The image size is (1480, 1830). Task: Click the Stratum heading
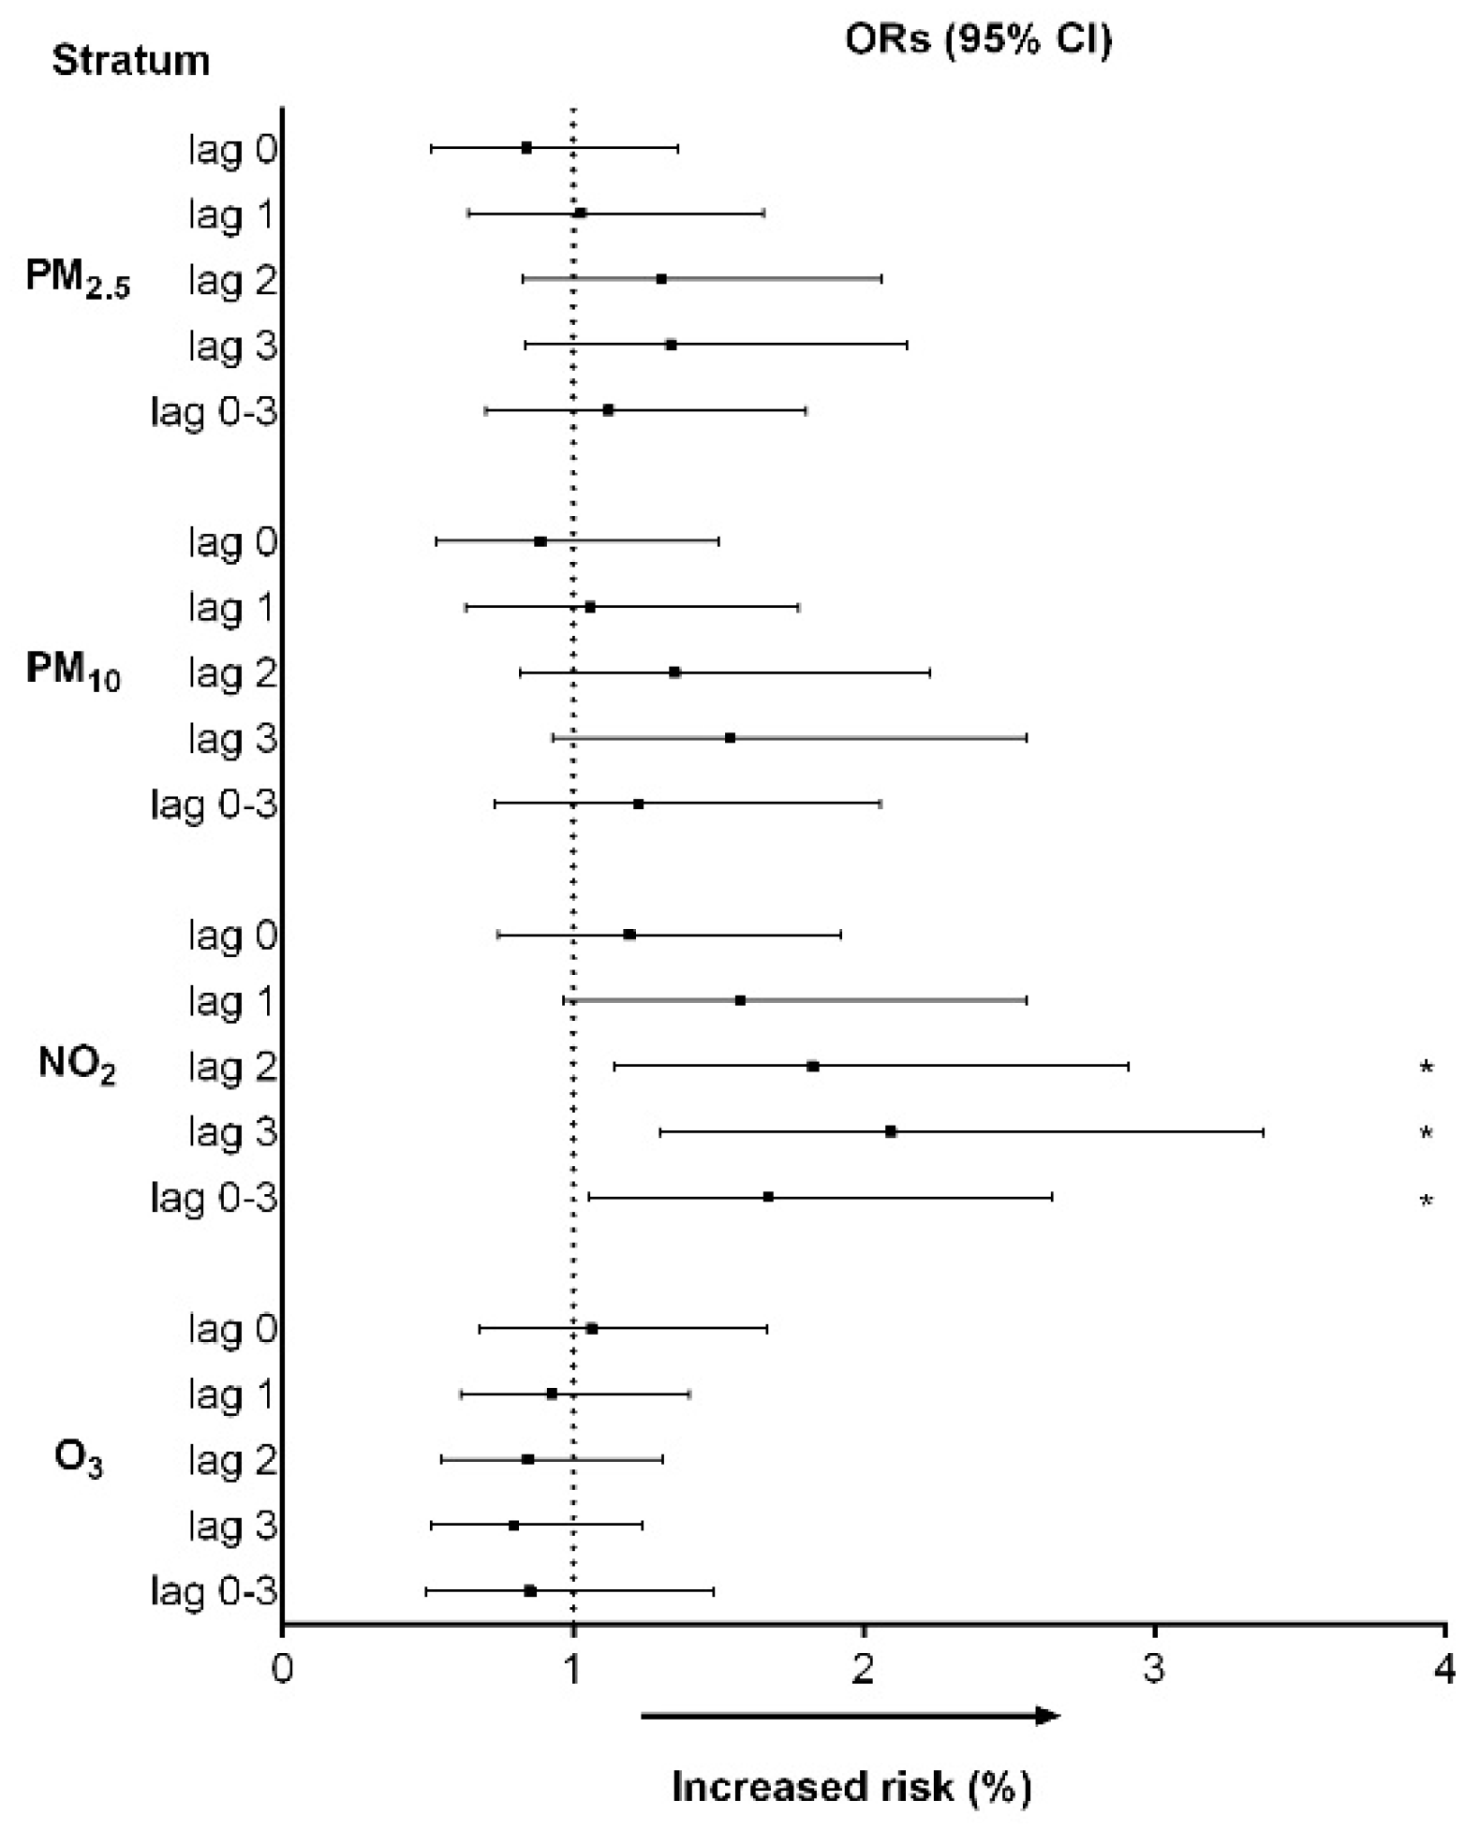coord(130,61)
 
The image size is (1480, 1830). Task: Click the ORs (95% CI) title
coord(978,39)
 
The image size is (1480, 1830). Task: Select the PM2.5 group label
coord(78,279)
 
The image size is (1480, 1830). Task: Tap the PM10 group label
coord(73,671)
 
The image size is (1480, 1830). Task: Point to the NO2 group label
coord(77,1065)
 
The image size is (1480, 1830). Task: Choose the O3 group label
coord(79,1458)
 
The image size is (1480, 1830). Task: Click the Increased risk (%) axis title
coord(851,1786)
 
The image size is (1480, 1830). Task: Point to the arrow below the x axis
coord(850,1716)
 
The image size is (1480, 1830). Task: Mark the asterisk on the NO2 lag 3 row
coord(1426,1133)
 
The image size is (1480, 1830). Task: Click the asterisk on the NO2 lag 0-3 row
coord(1426,1201)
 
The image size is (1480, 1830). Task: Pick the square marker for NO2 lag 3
coord(890,1131)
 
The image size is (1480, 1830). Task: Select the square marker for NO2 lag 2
coord(812,1066)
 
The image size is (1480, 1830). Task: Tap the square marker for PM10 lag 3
coord(730,738)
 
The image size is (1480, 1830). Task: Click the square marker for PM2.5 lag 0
coord(526,148)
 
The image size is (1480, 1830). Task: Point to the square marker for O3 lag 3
coord(513,1525)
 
